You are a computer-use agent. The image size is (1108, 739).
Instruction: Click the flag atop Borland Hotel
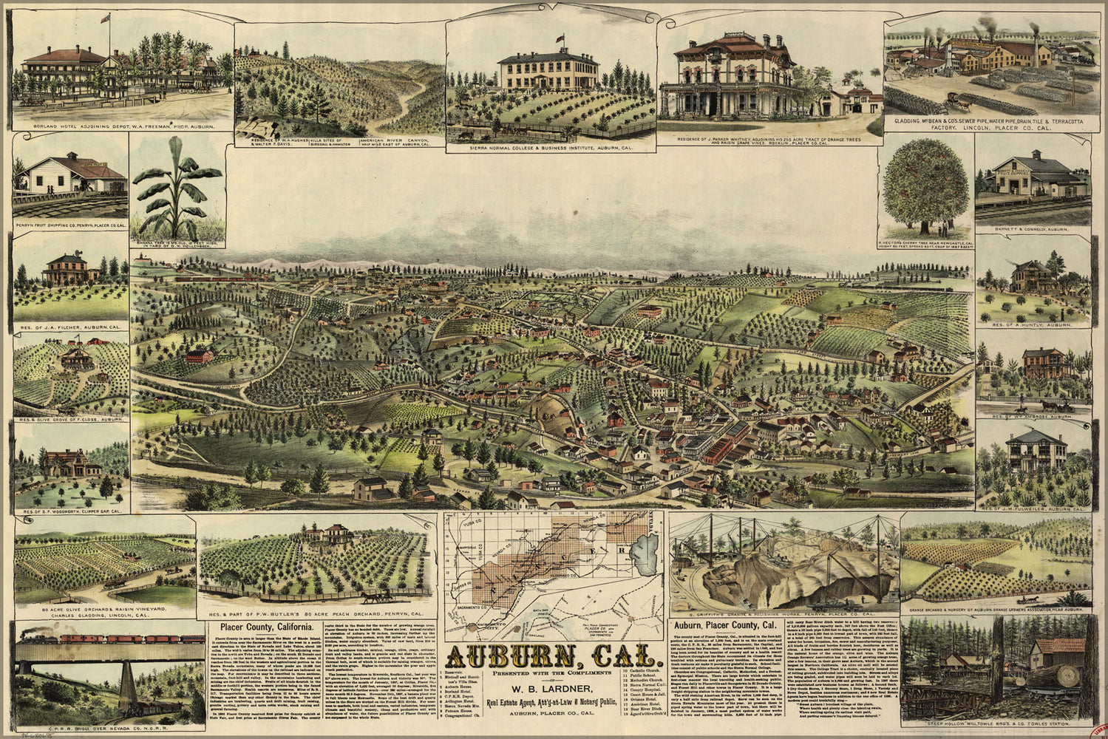pyautogui.click(x=106, y=17)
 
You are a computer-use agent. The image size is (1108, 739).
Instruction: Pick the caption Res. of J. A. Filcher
pyautogui.click(x=72, y=326)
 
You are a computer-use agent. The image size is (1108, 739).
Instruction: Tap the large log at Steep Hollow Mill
pyautogui.click(x=1061, y=678)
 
